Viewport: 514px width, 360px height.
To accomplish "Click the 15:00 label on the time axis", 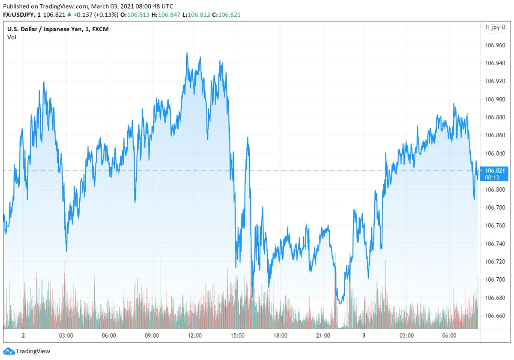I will coord(238,336).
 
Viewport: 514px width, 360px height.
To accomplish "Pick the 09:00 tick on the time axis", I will coord(152,336).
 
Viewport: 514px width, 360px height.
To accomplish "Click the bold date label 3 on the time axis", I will coord(364,336).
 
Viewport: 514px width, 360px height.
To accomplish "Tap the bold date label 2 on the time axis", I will coord(23,336).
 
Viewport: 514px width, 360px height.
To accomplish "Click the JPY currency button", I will coord(495,28).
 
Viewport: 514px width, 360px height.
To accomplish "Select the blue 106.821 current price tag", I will coord(494,171).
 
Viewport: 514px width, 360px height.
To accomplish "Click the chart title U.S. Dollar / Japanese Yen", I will coord(47,29).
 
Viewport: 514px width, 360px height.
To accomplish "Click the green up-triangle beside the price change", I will coord(69,15).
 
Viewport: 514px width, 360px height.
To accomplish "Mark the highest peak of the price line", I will coord(187,53).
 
